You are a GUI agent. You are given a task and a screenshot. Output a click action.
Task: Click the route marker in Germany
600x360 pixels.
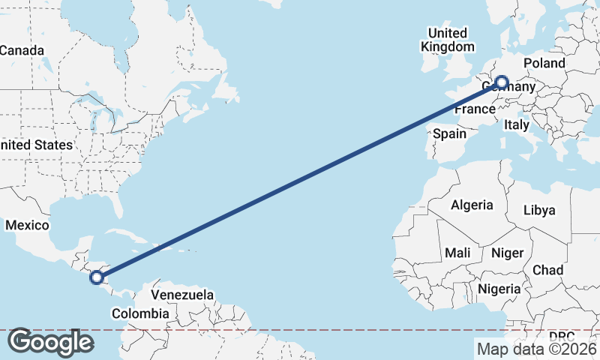(501, 82)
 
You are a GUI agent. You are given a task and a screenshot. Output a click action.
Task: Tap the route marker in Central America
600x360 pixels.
(96, 277)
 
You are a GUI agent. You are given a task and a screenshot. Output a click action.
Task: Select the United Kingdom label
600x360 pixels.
(448, 40)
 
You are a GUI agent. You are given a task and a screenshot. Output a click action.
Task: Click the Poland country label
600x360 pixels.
(544, 63)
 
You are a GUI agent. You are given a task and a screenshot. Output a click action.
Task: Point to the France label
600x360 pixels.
(475, 109)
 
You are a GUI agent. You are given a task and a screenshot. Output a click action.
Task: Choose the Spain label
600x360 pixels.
(450, 134)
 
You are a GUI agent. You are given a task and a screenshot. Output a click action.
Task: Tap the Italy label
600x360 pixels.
(517, 124)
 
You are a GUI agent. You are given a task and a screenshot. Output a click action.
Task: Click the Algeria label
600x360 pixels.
(472, 205)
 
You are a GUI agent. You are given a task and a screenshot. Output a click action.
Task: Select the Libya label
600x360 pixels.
(539, 210)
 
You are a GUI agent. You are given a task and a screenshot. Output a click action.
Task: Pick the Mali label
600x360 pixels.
(457, 253)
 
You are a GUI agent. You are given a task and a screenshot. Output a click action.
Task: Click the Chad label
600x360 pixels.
(547, 270)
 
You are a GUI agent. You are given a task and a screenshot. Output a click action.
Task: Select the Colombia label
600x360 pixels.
(139, 313)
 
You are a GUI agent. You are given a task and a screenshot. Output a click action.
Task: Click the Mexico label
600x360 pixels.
(27, 225)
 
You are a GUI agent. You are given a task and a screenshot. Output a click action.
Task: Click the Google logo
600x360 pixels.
(50, 342)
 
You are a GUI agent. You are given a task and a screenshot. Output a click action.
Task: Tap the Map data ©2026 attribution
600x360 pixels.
(536, 349)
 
